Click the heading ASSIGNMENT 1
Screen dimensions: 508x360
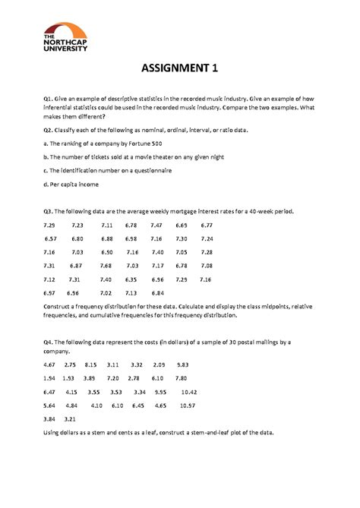tap(180, 70)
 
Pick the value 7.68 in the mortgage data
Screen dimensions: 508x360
tap(106, 265)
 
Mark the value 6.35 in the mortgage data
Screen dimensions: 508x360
tap(132, 279)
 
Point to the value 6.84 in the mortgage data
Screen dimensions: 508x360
tap(158, 292)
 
